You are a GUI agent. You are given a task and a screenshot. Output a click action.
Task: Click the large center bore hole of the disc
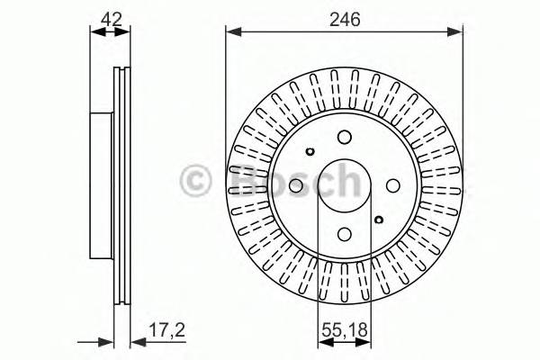coord(344,184)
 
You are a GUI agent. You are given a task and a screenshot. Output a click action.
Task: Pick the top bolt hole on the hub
coord(344,137)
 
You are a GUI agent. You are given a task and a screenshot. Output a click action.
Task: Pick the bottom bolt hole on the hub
coord(344,232)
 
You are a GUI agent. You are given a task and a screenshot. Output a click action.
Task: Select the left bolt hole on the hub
coord(296,184)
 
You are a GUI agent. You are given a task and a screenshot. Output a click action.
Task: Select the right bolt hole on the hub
coord(391,184)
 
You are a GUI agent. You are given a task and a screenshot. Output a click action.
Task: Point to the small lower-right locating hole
coord(378,219)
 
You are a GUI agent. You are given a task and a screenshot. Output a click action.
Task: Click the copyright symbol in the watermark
coord(198,180)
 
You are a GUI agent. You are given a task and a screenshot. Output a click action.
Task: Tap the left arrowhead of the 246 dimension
coord(231,33)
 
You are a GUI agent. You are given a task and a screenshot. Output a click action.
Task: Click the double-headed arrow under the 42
coord(110,33)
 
